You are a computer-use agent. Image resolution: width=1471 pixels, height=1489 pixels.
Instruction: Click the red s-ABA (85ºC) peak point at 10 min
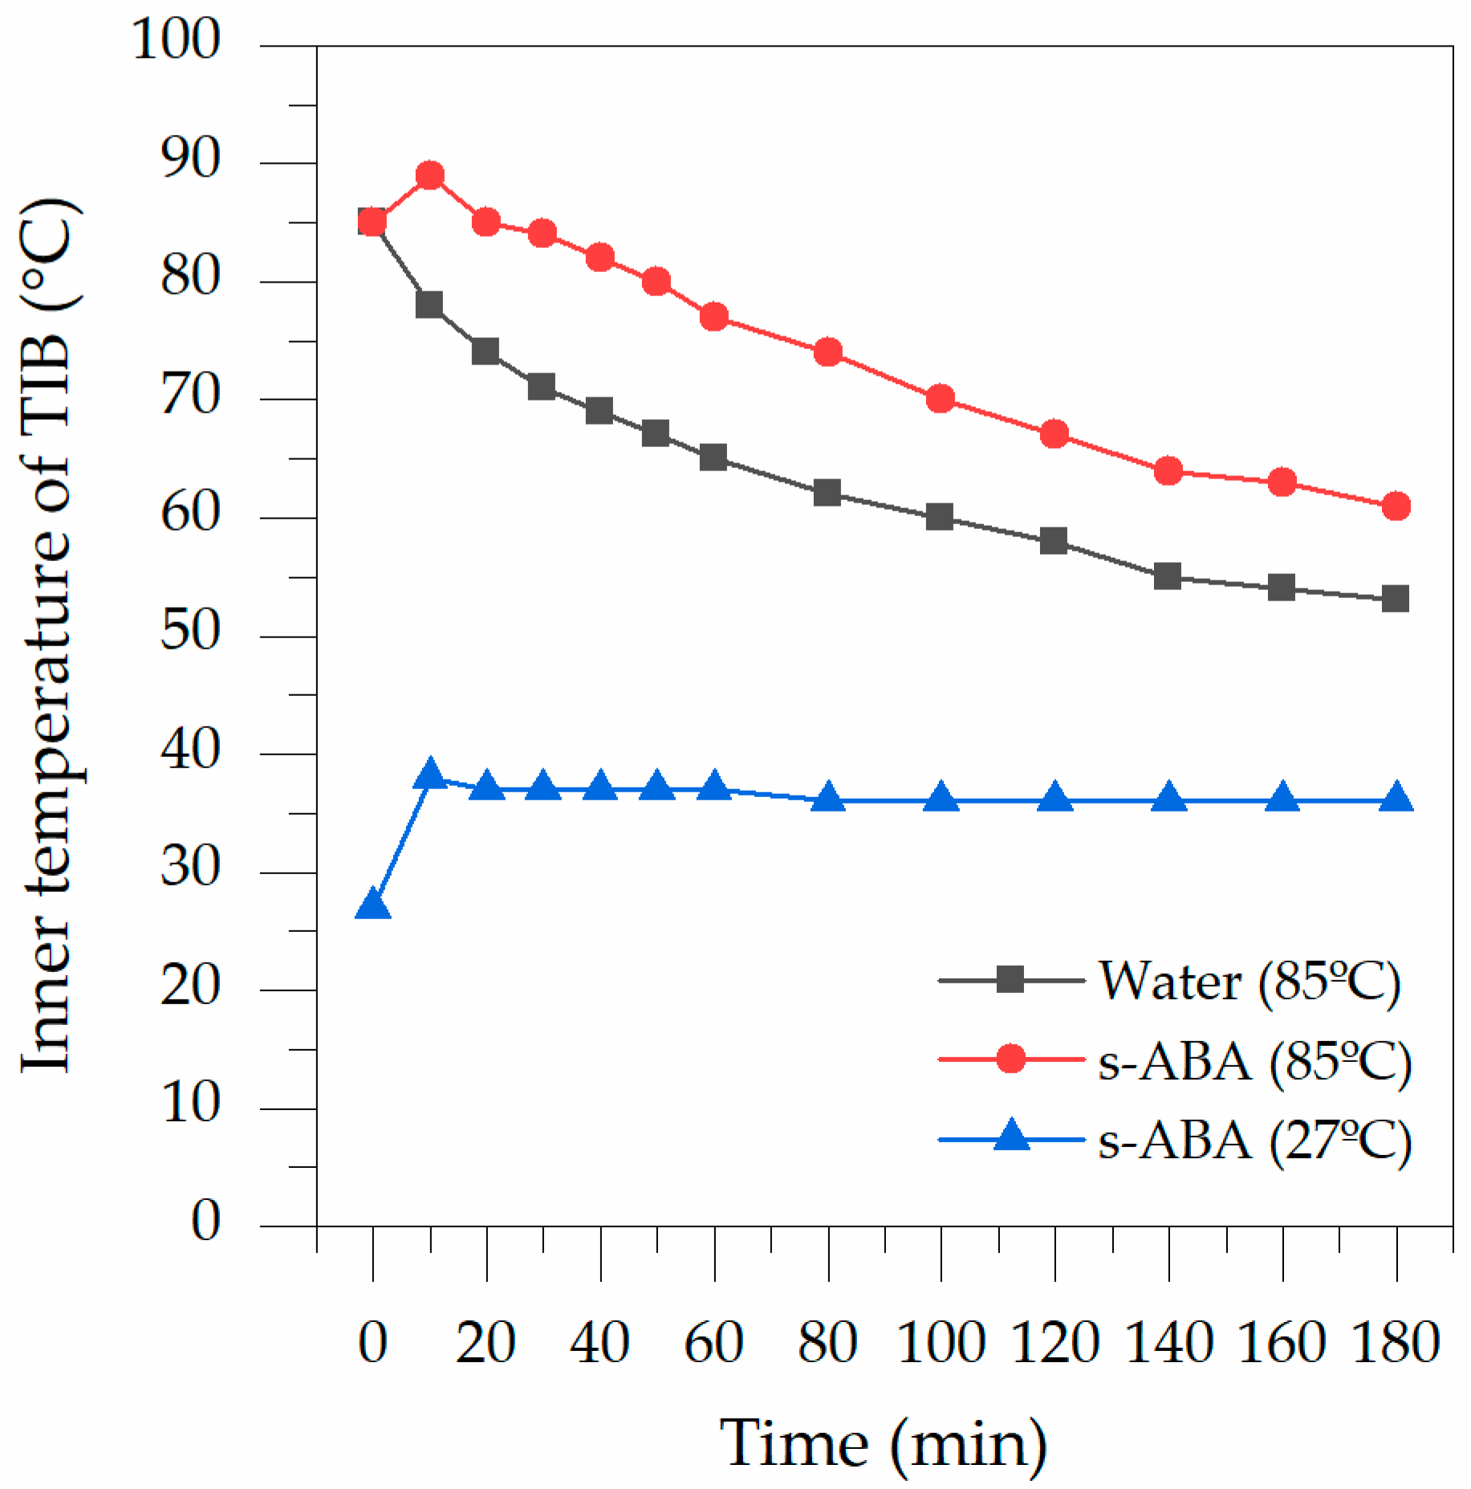[x=430, y=175]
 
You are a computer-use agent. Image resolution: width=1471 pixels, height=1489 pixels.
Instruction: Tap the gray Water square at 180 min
[x=1396, y=599]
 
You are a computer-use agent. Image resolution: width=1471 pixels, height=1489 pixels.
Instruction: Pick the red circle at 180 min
[x=1396, y=506]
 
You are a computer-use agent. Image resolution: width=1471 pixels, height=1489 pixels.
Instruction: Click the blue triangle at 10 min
[x=430, y=775]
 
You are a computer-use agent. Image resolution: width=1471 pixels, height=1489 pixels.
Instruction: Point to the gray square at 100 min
[x=940, y=517]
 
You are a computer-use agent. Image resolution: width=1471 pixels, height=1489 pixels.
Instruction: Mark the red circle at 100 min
[x=940, y=399]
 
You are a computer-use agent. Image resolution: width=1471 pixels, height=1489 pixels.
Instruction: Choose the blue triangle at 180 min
[x=1396, y=799]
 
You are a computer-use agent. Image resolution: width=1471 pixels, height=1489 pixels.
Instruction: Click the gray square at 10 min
[x=429, y=304]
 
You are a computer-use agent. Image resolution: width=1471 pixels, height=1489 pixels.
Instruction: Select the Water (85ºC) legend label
[x=1249, y=981]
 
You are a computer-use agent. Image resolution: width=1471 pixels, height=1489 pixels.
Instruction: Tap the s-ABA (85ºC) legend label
[x=1254, y=1061]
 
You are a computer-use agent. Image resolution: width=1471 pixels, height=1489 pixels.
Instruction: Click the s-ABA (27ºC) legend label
[x=1254, y=1140]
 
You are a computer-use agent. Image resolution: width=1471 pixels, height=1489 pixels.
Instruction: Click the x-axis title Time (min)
[x=883, y=1442]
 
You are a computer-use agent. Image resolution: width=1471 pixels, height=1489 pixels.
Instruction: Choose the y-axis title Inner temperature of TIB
[x=50, y=634]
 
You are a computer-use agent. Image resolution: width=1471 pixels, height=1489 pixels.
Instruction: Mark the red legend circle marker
[x=1010, y=1060]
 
